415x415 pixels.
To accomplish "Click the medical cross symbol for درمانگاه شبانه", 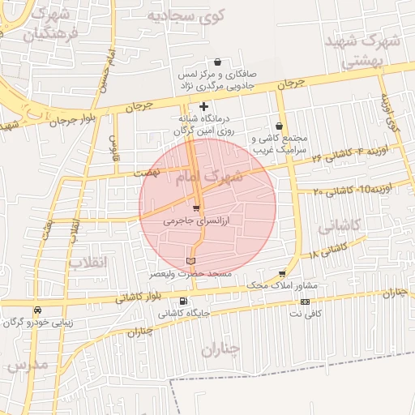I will (x=203, y=106).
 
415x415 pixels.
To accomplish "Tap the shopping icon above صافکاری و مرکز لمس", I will (x=218, y=62).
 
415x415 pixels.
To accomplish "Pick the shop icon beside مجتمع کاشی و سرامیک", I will (x=280, y=126).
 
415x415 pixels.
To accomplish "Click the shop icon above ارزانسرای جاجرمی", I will (x=195, y=208).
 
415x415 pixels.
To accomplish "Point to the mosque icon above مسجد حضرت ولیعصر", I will (x=190, y=261).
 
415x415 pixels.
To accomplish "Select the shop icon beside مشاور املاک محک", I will (x=282, y=274).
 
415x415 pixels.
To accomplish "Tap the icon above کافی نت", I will (x=305, y=302).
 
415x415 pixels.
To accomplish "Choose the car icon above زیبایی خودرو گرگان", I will (x=37, y=310).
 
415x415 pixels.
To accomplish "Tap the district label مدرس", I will (x=28, y=365).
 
